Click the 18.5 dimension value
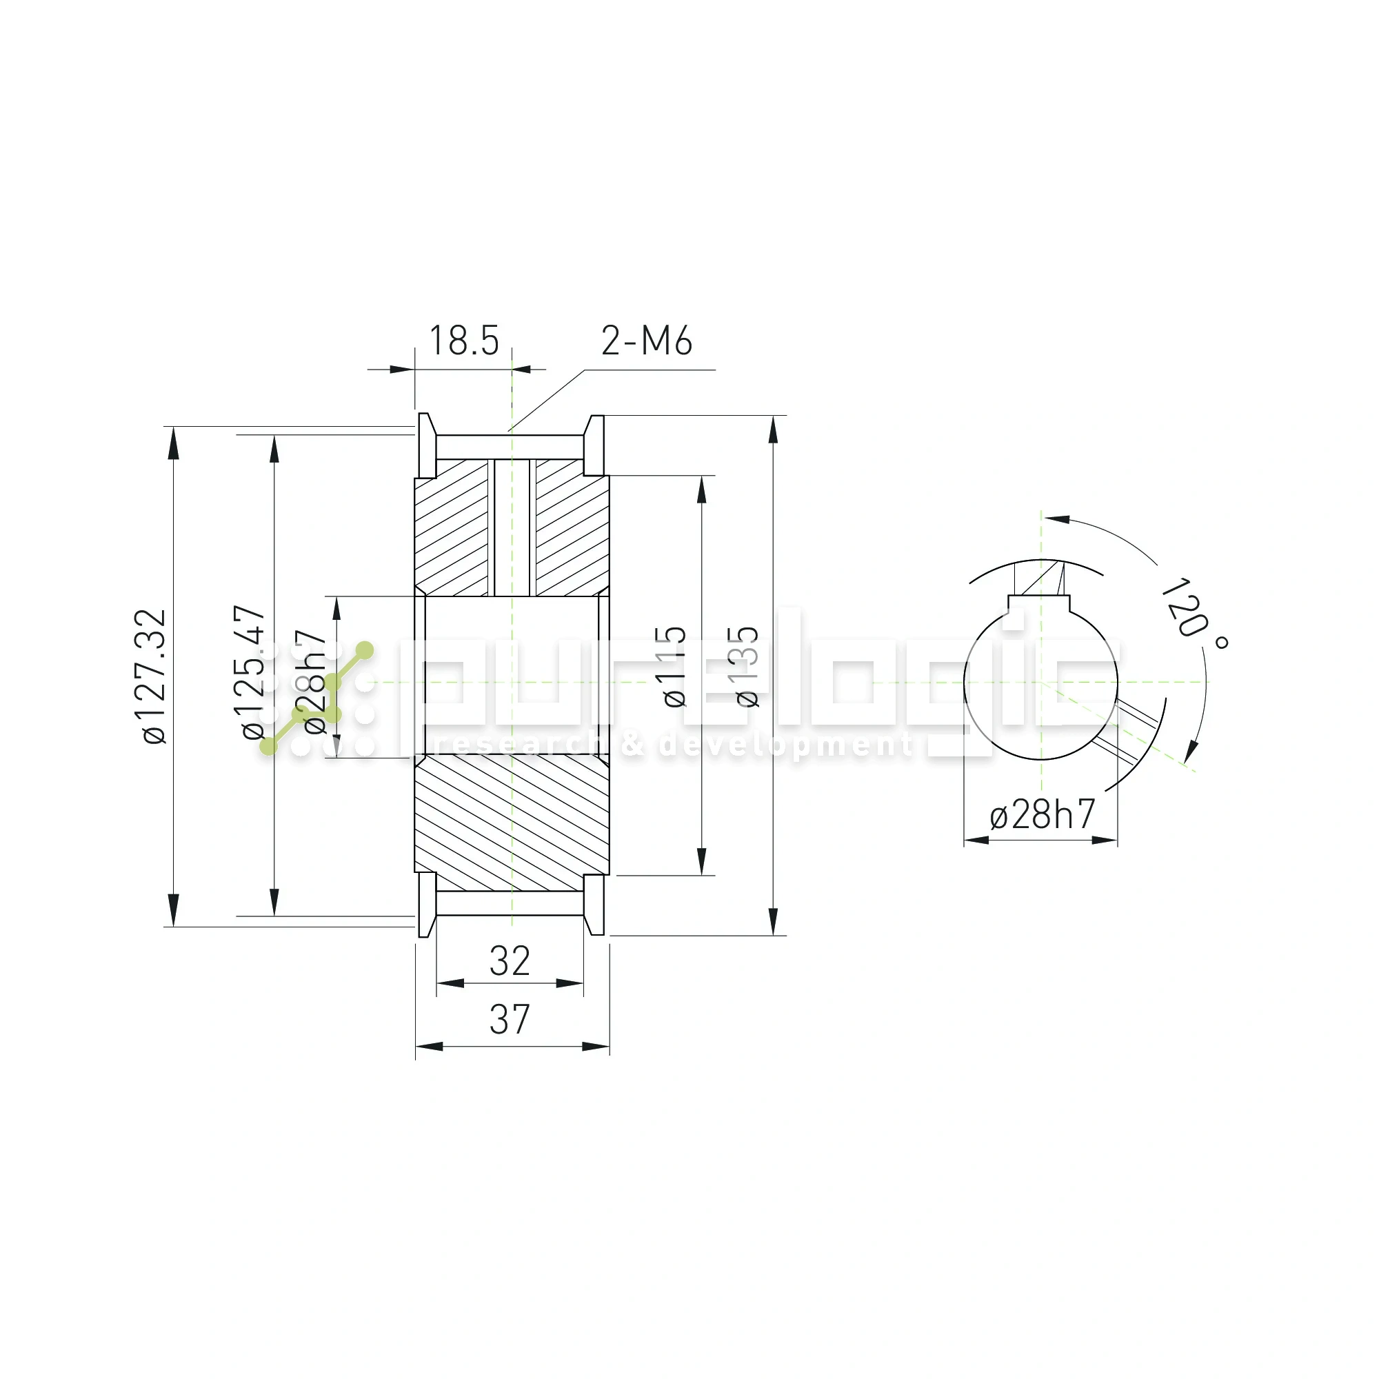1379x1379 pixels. click(463, 341)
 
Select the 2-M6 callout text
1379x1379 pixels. click(646, 341)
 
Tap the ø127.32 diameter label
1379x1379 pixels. click(154, 676)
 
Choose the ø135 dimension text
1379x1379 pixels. click(747, 667)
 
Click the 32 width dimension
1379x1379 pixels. click(510, 961)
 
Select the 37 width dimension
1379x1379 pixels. click(510, 1019)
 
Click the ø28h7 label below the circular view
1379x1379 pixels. click(1041, 814)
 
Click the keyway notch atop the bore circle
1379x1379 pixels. click(1040, 604)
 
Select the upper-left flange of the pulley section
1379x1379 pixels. click(426, 445)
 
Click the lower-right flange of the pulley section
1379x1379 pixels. click(594, 905)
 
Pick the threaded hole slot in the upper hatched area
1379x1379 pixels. click(512, 527)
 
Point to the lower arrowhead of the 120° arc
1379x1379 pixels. click(1191, 752)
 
